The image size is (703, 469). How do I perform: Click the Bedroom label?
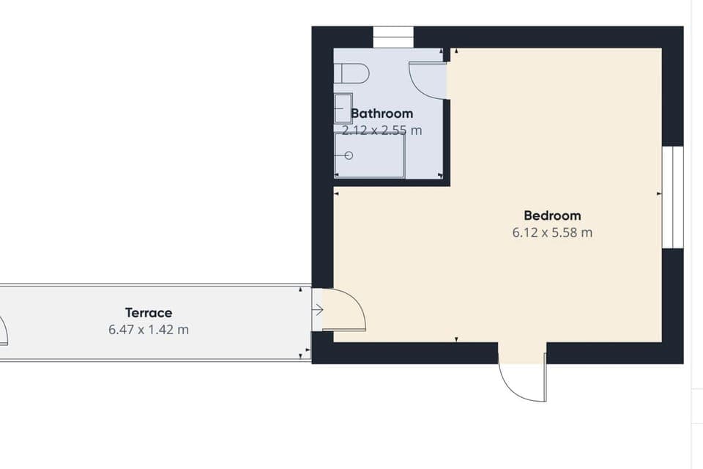[x=552, y=215]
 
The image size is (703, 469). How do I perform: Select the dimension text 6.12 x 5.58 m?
[x=552, y=233]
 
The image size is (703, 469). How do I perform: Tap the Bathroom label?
[x=382, y=114]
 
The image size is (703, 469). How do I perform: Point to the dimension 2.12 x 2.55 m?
[x=382, y=130]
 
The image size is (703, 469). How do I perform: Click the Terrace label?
[x=148, y=313]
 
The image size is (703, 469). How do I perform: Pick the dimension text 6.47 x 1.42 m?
[x=148, y=330]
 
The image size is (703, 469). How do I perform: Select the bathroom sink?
[x=343, y=108]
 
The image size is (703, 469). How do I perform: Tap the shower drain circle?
[x=349, y=155]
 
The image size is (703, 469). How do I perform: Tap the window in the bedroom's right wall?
[x=672, y=197]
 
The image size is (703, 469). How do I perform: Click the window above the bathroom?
[x=393, y=37]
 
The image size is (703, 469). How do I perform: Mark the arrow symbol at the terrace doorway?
[x=317, y=310]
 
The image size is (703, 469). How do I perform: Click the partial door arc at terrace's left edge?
[x=4, y=331]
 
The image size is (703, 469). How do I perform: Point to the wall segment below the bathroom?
[x=392, y=182]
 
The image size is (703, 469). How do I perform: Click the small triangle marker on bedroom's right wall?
[x=659, y=193]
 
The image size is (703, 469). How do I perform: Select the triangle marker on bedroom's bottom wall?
[x=456, y=339]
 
